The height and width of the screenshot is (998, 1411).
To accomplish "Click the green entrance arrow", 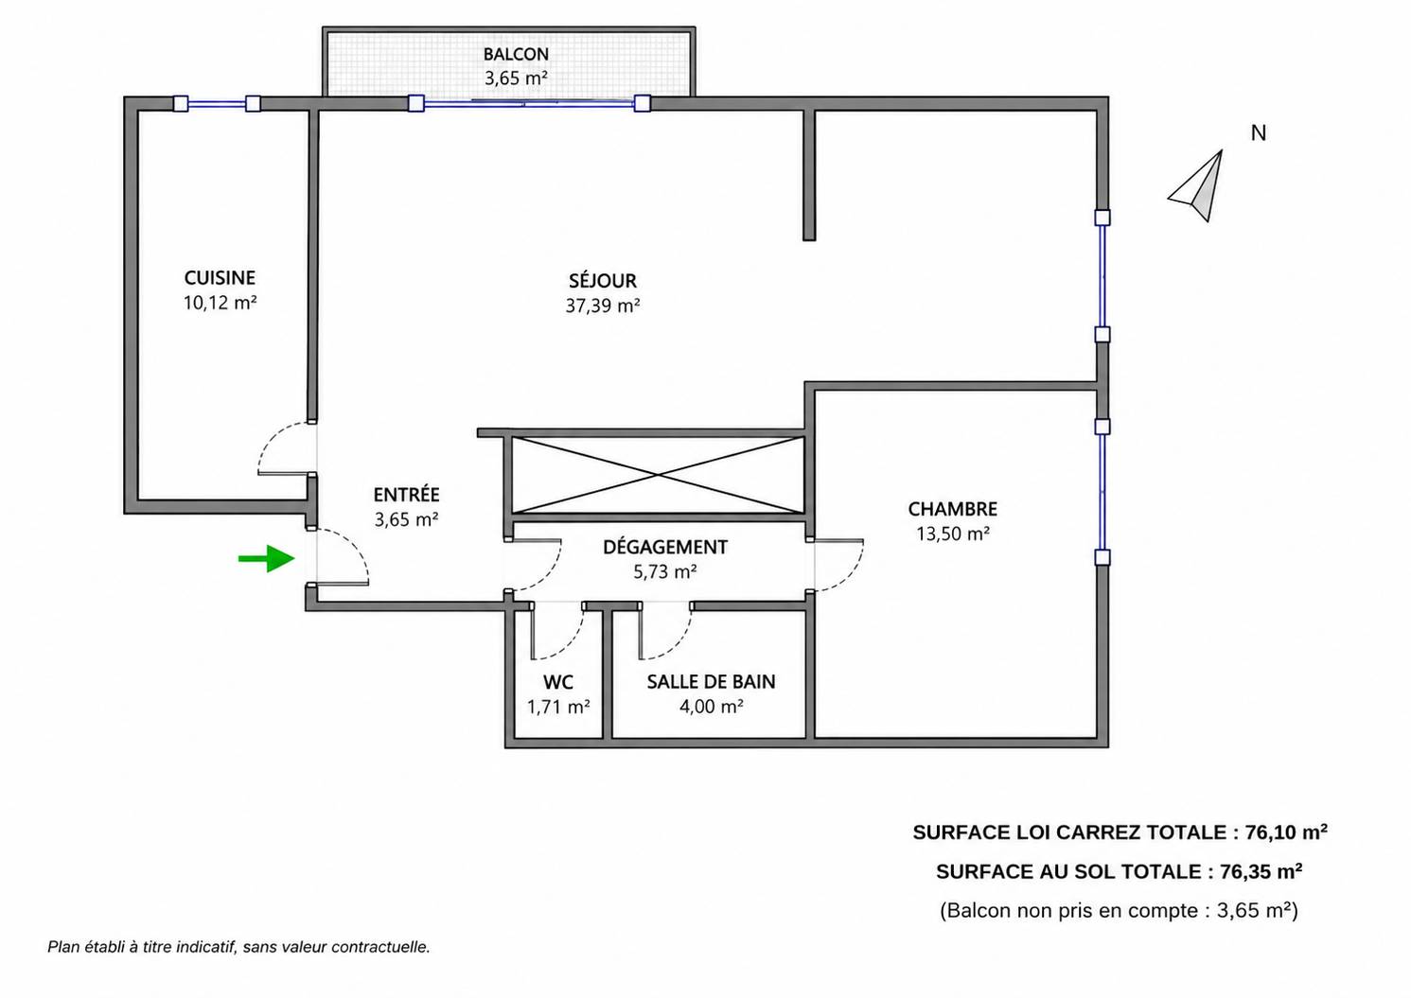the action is click(x=267, y=558).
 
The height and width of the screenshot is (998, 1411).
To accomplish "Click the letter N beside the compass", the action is click(x=1258, y=133).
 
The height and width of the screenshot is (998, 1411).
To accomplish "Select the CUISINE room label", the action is click(x=220, y=278).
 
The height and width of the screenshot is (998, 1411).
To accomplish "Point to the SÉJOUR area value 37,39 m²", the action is click(x=603, y=306).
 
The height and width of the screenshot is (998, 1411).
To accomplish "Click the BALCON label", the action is click(x=516, y=55).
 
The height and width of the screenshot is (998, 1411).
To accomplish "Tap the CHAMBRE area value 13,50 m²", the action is click(x=952, y=534).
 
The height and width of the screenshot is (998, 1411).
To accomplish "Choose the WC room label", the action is click(x=558, y=682).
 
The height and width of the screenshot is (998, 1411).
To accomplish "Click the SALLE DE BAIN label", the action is click(x=711, y=682).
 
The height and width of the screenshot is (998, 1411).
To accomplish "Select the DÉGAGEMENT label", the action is click(x=665, y=547).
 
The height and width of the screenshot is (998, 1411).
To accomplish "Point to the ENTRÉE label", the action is click(x=406, y=495).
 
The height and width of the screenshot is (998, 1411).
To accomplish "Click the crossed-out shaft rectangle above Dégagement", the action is click(x=659, y=476).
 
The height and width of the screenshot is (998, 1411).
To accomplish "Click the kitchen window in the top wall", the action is click(x=217, y=104).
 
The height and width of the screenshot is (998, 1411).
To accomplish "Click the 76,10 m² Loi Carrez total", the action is click(x=1286, y=832).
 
